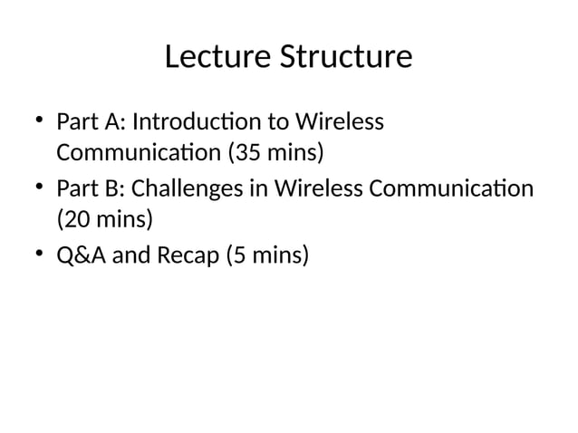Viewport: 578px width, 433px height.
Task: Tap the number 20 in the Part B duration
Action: click(x=76, y=220)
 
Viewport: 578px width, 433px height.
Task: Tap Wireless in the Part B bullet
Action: click(x=319, y=189)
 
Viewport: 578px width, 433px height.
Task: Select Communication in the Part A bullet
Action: click(x=138, y=151)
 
